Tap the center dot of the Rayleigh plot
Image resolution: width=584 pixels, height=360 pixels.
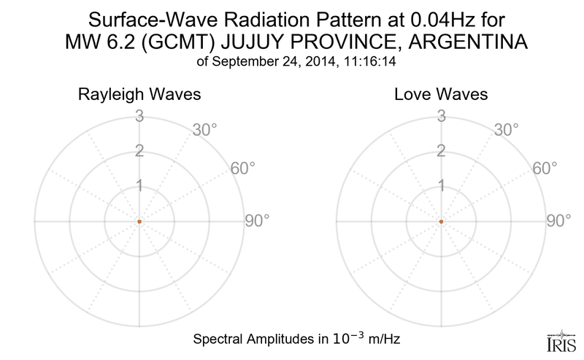point(139,221)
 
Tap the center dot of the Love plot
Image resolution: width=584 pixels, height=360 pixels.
point(441,221)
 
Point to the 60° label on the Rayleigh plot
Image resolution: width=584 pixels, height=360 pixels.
point(243,169)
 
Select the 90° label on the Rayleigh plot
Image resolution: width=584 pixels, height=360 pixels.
point(258,221)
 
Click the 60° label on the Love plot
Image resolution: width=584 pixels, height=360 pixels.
point(545,169)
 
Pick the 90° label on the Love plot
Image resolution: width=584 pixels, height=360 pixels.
point(560,221)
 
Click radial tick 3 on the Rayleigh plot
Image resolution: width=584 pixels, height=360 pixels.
point(139,115)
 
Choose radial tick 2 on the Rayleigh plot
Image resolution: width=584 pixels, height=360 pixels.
point(139,151)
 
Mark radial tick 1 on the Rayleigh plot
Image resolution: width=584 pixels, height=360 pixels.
point(139,186)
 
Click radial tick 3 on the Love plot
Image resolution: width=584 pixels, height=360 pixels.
point(441,115)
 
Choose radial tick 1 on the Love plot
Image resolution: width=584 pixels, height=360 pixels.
point(441,186)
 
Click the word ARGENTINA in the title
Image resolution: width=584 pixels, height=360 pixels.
point(455,44)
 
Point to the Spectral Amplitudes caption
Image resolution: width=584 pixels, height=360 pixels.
point(295,340)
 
